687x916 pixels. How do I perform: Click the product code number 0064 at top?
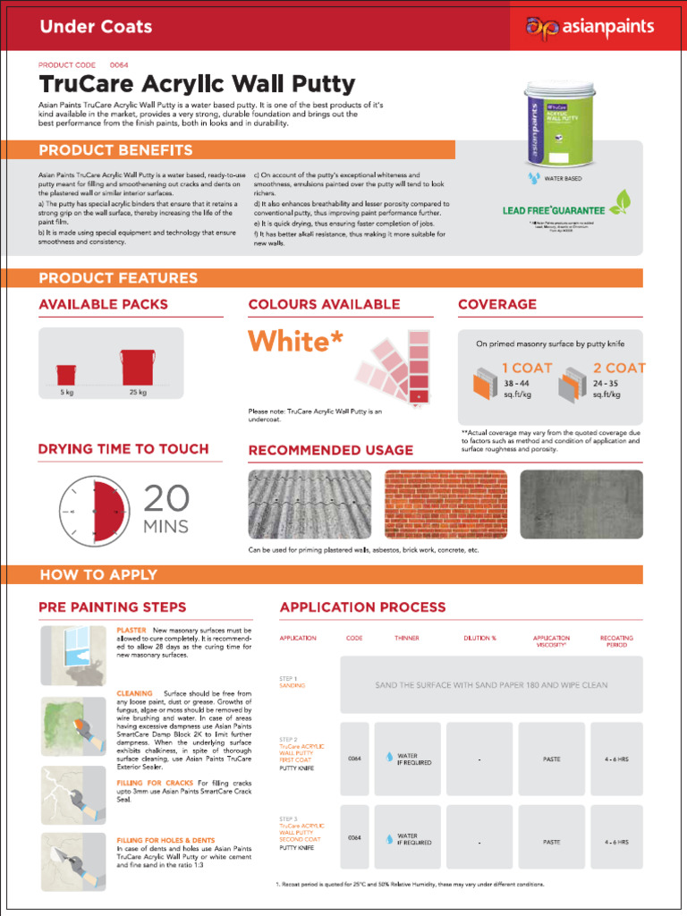pyautogui.click(x=119, y=65)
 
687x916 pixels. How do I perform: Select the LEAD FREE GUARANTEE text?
pyautogui.click(x=554, y=210)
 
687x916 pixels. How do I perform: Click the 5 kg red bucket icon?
pyautogui.click(x=66, y=374)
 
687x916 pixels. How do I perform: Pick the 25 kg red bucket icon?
pyautogui.click(x=138, y=368)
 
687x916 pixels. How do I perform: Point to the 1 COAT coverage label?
pyautogui.click(x=527, y=368)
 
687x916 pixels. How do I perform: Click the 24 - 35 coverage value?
pyautogui.click(x=606, y=383)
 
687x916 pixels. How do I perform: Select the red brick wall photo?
pyautogui.click(x=445, y=504)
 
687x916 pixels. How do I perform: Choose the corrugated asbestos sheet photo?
pyautogui.click(x=310, y=504)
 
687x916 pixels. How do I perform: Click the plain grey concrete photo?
pyautogui.click(x=581, y=504)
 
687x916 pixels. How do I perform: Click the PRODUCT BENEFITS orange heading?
pyautogui.click(x=115, y=150)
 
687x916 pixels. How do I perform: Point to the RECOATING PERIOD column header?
pyautogui.click(x=616, y=640)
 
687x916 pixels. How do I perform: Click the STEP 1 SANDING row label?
pyautogui.click(x=293, y=683)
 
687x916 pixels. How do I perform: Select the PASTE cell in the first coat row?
pyautogui.click(x=552, y=759)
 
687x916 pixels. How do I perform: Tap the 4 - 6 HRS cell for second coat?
pyautogui.click(x=616, y=842)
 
